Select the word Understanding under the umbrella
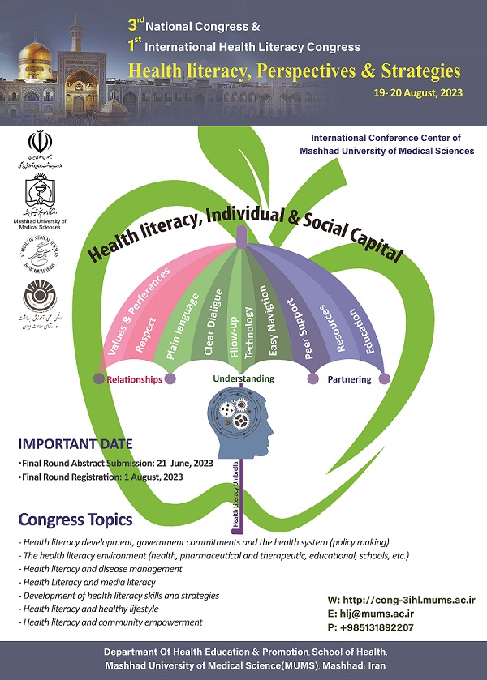tap(243, 378)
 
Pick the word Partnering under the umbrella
tap(349, 378)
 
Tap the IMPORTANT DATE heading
tap(75, 443)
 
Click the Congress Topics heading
tap(75, 520)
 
